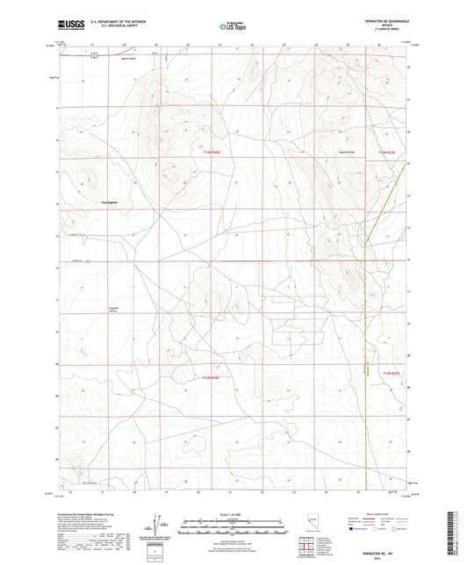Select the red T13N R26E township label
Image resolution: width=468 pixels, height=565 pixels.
coord(211,151)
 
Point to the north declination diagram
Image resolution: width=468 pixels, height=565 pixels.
coord(165,524)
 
